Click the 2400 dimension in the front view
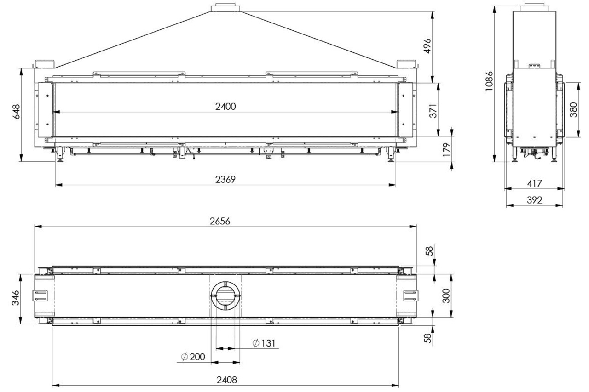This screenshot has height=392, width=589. click(225, 107)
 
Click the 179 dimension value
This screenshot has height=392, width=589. click(447, 149)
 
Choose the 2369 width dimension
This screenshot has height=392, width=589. click(225, 180)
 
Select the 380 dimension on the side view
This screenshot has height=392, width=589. click(573, 109)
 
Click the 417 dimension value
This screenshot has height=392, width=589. click(534, 183)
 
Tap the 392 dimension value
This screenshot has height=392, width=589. click(534, 200)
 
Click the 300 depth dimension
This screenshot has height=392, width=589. click(445, 296)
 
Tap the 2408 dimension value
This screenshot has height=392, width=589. click(225, 381)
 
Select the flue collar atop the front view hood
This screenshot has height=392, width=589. click(225, 8)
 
